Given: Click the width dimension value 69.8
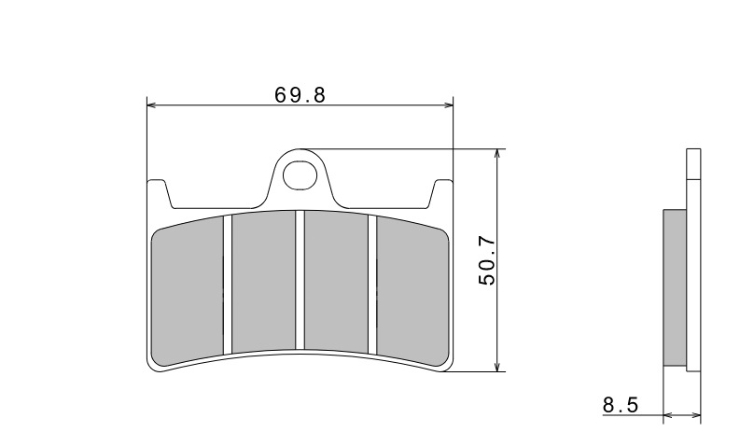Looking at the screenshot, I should [300, 94].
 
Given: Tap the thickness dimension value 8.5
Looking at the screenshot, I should [620, 405].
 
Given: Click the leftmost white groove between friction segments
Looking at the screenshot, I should [226, 285].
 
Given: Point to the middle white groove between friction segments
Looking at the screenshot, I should [300, 280].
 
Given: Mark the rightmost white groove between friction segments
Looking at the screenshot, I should [373, 285].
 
